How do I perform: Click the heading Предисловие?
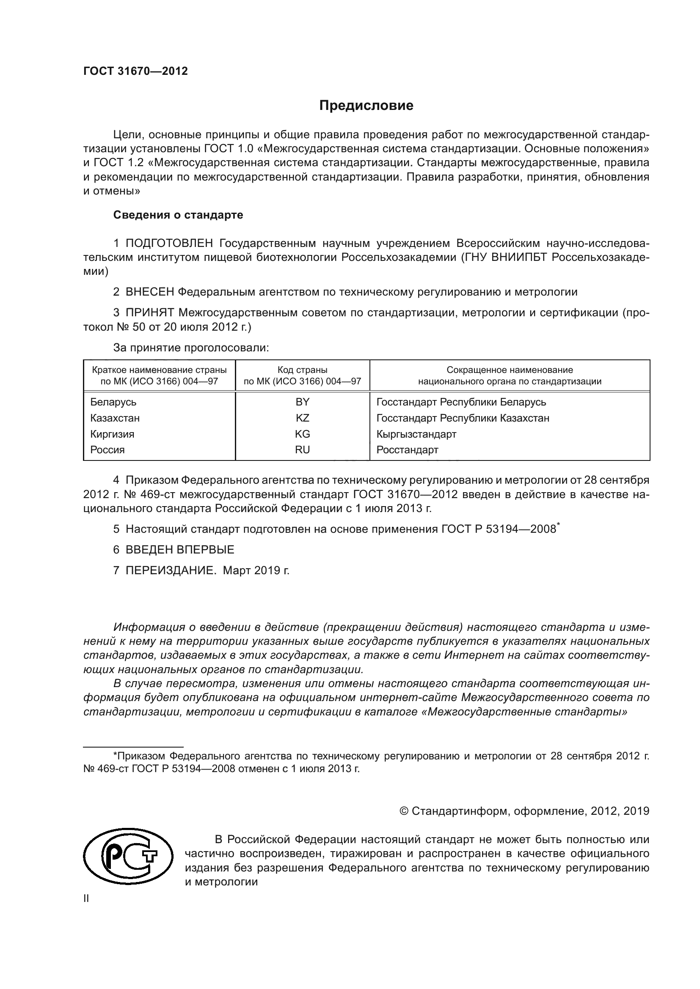(x=366, y=106)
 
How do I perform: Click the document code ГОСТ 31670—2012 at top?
(x=135, y=71)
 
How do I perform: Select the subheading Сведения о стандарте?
(x=178, y=215)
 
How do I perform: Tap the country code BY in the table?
(x=302, y=402)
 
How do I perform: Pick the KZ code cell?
(x=302, y=418)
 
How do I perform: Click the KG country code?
(x=302, y=434)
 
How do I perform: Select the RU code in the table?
(x=302, y=450)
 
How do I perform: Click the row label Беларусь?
(x=113, y=402)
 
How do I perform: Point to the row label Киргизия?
(x=112, y=434)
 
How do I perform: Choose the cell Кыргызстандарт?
(x=416, y=434)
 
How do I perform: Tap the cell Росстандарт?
(x=407, y=450)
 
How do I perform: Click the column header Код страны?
(x=302, y=370)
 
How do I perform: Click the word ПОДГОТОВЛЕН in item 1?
(x=169, y=244)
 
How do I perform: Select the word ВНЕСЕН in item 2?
(x=149, y=292)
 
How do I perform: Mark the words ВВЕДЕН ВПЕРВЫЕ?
(x=180, y=550)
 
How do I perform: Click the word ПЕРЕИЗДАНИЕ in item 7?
(x=171, y=570)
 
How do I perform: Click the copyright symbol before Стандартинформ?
(x=404, y=811)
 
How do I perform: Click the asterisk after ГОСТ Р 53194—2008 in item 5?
(x=558, y=524)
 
